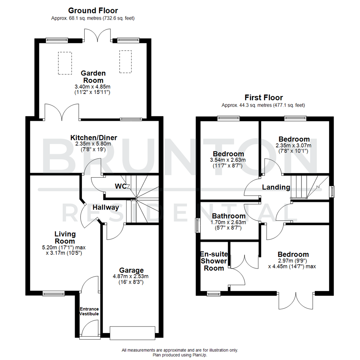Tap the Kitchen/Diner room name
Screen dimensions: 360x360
pos(94,138)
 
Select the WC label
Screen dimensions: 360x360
pos(121,186)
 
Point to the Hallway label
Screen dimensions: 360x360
pos(106,207)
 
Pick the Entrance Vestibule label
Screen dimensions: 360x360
pos(89,311)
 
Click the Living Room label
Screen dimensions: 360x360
pos(65,237)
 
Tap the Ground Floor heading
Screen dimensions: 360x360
pos(93,11)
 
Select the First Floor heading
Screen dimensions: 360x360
pos(263,98)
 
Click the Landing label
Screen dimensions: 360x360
pos(276,187)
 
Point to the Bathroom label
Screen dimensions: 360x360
pos(229,216)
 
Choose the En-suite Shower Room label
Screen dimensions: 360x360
pos(213,261)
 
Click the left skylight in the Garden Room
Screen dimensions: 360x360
pos(65,63)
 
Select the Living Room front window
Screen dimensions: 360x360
pos(53,293)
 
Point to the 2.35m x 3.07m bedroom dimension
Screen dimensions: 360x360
pos(293,146)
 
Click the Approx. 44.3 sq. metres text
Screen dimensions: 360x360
pos(263,105)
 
